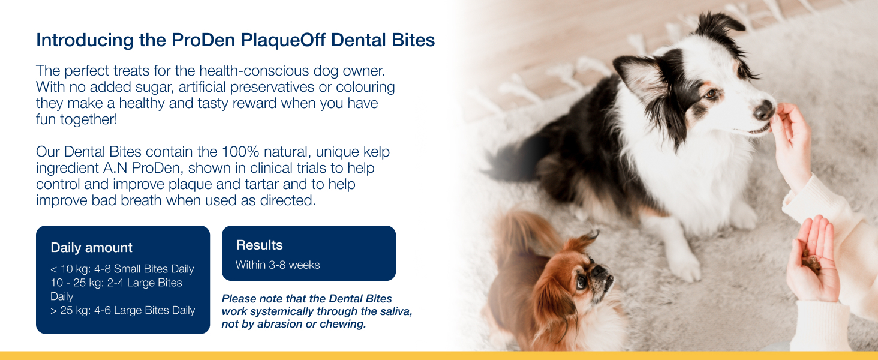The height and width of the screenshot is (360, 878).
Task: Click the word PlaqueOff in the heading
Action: (283, 40)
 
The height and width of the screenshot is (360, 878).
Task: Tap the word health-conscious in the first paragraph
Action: (254, 71)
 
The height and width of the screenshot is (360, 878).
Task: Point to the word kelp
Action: (376, 152)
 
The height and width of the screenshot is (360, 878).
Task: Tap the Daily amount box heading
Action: (91, 248)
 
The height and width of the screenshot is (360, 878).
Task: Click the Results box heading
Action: (260, 245)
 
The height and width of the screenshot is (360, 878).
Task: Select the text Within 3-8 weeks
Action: (278, 265)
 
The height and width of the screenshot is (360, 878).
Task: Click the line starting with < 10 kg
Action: (122, 269)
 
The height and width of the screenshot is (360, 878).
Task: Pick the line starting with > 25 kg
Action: (123, 310)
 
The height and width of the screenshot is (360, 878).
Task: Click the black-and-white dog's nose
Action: (763, 109)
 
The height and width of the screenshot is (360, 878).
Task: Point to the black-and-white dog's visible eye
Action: (710, 94)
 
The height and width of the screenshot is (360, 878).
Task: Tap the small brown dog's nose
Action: (599, 270)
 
